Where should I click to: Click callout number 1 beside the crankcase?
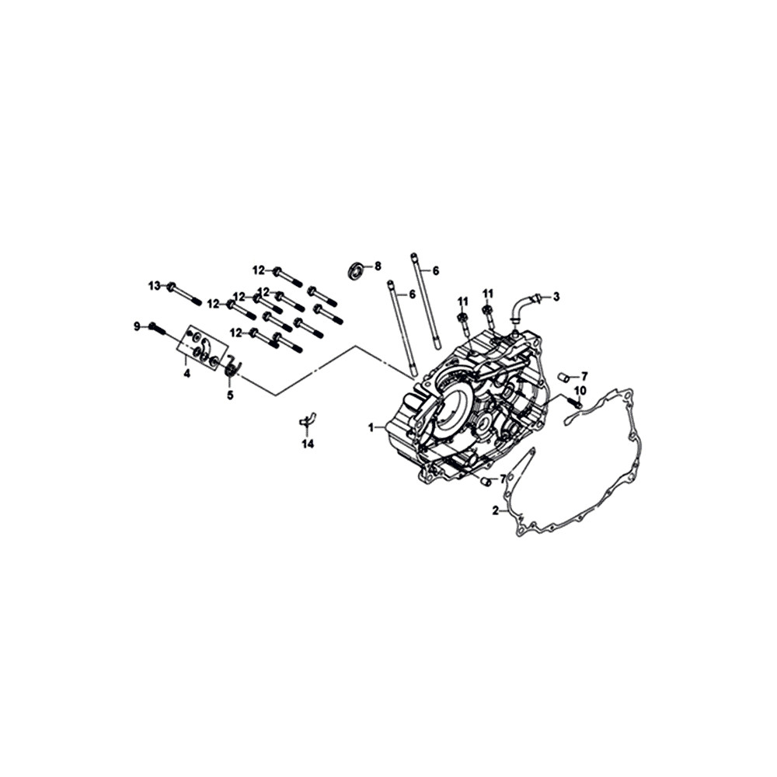tap(371, 427)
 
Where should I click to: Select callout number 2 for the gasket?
tap(496, 510)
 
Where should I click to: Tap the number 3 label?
tap(556, 297)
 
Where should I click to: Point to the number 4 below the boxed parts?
tap(186, 373)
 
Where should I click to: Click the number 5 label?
tap(230, 395)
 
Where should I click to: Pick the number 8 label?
tap(378, 267)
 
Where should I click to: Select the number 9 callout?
tap(137, 326)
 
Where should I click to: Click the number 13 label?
tap(155, 286)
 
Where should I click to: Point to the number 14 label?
tap(308, 444)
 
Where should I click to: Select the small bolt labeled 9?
tap(158, 329)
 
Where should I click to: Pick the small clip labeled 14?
tap(308, 419)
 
